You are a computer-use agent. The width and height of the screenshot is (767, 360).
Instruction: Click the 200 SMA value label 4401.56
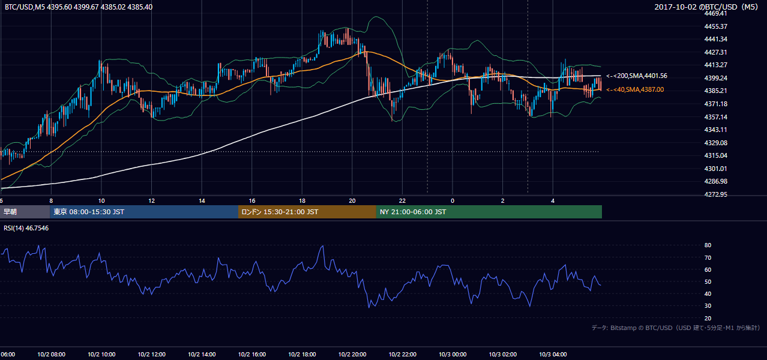[x=637, y=76]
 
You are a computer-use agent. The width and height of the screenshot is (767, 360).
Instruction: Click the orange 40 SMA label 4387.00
[x=635, y=89]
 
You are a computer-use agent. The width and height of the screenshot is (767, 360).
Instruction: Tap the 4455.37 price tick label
[x=715, y=26]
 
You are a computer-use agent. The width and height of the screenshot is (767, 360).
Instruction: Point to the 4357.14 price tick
[x=715, y=117]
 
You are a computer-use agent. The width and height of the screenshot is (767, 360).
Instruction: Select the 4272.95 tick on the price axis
[x=715, y=194]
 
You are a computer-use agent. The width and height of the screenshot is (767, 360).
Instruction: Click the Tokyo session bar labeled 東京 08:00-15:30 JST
[x=144, y=212]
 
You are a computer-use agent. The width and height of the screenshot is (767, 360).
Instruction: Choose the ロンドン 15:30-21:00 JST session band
[x=307, y=212]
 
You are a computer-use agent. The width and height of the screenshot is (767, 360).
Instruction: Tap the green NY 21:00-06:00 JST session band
[x=489, y=212]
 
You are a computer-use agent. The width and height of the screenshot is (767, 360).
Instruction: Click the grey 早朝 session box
[x=25, y=212]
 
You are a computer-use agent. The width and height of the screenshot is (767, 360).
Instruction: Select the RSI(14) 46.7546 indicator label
[x=26, y=228]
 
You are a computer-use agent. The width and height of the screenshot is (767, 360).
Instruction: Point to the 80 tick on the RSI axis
[x=708, y=245]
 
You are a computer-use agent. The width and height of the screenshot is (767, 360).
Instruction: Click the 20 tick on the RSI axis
[x=708, y=318]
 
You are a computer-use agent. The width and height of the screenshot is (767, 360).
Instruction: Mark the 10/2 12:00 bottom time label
[x=152, y=355]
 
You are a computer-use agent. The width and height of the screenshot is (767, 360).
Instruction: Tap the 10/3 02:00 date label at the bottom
[x=503, y=355]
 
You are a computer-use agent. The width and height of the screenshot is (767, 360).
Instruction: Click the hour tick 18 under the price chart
[x=302, y=201]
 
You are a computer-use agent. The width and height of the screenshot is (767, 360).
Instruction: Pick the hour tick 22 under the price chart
[x=402, y=201]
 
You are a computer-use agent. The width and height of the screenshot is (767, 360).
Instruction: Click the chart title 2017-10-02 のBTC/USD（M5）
[x=706, y=7]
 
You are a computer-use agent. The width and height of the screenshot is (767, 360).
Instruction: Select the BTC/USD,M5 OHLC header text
[x=79, y=7]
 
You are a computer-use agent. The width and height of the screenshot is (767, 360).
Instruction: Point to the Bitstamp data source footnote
[x=676, y=328]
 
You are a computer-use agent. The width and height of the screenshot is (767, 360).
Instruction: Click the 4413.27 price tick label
[x=715, y=65]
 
